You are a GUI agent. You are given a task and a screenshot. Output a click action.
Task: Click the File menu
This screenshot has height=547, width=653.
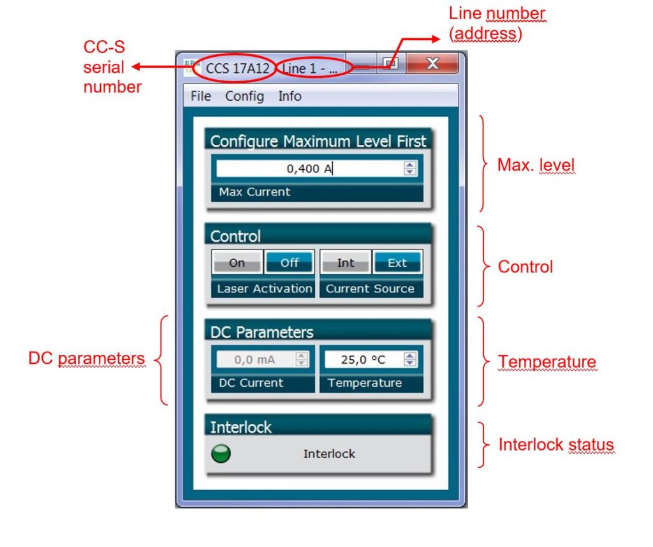(200, 96)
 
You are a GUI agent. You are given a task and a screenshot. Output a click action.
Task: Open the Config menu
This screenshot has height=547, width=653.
(244, 96)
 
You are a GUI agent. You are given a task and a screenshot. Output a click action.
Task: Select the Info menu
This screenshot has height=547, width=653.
(290, 96)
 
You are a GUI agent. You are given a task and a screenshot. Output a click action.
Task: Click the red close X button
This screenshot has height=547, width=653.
(432, 64)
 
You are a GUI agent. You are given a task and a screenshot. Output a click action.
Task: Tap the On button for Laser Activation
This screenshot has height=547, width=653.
(237, 262)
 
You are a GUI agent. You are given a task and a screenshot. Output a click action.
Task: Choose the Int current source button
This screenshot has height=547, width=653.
(346, 262)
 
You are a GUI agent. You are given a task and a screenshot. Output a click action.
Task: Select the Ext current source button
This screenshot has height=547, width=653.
(397, 262)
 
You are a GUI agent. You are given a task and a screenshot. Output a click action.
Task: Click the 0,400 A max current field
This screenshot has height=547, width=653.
(309, 169)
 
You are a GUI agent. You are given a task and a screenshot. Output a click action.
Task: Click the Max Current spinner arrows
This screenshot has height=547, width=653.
(410, 169)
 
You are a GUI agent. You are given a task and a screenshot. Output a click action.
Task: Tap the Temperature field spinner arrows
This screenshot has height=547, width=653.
(410, 359)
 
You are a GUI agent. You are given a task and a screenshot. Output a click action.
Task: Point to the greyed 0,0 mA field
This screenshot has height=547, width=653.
(254, 359)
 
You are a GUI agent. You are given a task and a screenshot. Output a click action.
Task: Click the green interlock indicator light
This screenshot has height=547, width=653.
(221, 454)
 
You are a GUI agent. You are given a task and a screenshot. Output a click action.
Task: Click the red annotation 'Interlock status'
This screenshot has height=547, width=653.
(556, 445)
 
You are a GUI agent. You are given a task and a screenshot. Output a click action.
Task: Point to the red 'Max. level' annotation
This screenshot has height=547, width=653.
(536, 165)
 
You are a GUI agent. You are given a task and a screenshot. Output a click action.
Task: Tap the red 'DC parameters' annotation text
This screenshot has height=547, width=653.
(87, 359)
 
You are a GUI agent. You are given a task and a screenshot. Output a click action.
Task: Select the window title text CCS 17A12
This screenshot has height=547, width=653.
(233, 68)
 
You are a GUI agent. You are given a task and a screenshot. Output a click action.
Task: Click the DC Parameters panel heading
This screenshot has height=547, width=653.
(261, 333)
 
